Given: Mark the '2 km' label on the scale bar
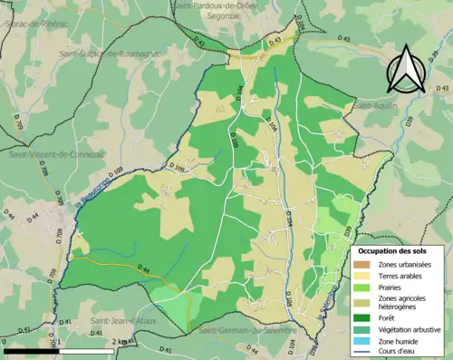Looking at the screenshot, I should point(120,341).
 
